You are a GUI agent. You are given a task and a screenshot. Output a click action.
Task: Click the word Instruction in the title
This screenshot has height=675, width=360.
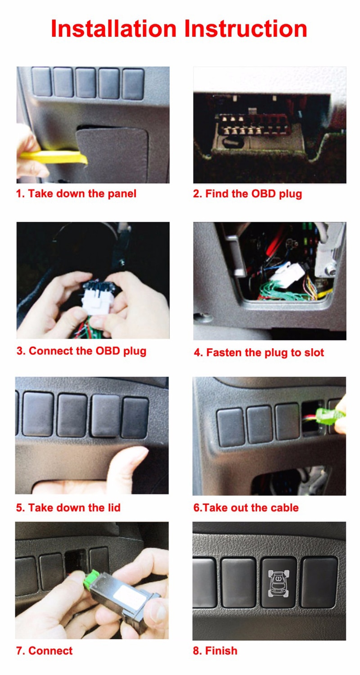tap(246, 28)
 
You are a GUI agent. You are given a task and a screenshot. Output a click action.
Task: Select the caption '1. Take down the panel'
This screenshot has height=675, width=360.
tap(76, 194)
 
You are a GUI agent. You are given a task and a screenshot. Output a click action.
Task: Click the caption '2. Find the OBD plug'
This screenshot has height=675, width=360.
tap(247, 194)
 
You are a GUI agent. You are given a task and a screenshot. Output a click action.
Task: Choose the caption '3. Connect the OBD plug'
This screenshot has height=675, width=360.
tap(81, 351)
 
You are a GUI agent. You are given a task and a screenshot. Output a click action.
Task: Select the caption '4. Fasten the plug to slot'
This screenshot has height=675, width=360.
tap(259, 352)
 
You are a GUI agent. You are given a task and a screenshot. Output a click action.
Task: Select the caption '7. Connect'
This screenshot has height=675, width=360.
tap(44, 651)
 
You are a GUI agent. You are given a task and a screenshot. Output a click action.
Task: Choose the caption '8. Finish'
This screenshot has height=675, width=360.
tap(215, 651)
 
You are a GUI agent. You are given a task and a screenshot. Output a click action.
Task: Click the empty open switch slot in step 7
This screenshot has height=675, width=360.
tap(75, 558)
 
